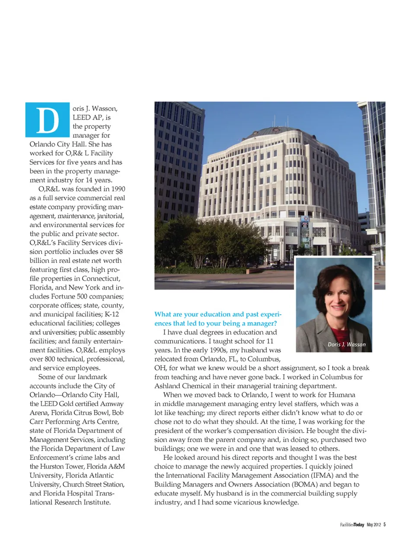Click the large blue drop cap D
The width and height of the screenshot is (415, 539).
pos(48,120)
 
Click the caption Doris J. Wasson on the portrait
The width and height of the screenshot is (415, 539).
pos(346,345)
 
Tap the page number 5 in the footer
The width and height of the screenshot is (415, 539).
pos(384,525)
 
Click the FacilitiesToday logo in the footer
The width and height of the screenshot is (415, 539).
pos(352,525)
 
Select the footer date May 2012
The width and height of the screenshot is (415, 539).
pos(373,525)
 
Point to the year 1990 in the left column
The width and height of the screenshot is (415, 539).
pos(118,189)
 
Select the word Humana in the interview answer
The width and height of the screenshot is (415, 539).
pos(342,395)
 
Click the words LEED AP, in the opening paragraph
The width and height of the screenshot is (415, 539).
pos(91,117)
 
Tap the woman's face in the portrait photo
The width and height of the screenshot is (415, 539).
pos(334,295)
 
